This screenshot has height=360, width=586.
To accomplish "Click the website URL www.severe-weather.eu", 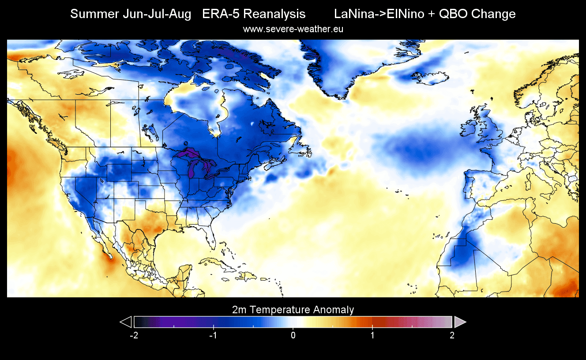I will tap(293, 30).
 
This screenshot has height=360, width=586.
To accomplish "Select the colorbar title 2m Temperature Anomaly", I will tap(293, 310).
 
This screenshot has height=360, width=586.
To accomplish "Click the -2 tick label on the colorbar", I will tap(134, 335).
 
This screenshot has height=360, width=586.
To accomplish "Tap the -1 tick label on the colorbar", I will tap(214, 335).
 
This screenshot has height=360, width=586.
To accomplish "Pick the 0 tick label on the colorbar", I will tap(293, 335).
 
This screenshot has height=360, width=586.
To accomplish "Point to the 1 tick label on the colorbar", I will tap(372, 335).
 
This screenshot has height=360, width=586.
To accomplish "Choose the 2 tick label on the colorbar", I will tap(452, 335).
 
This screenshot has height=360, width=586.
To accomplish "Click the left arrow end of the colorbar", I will tap(127, 322).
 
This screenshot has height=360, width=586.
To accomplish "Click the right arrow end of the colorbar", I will tap(459, 322).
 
